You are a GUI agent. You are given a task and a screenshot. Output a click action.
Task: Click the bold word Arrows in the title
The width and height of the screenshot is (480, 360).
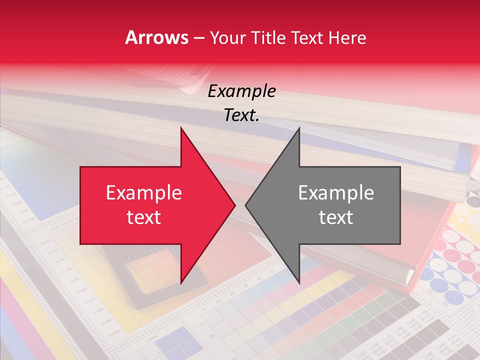click(x=156, y=37)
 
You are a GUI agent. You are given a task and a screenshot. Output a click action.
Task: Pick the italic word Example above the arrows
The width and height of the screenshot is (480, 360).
click(x=241, y=91)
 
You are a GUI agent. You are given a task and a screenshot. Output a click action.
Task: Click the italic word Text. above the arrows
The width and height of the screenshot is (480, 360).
click(x=241, y=115)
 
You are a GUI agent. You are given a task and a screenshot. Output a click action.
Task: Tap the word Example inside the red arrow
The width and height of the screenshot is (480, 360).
click(x=143, y=193)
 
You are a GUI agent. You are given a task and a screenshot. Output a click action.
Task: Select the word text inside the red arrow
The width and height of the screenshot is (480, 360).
click(x=143, y=217)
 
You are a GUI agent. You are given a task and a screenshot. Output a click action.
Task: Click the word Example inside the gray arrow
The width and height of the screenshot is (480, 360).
click(x=336, y=193)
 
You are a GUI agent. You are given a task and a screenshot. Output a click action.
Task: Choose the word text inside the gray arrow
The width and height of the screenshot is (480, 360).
click(x=336, y=217)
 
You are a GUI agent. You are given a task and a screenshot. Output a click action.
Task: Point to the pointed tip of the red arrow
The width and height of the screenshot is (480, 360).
click(x=235, y=205)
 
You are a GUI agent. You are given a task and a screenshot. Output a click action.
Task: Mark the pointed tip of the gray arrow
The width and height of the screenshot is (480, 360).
click(x=245, y=205)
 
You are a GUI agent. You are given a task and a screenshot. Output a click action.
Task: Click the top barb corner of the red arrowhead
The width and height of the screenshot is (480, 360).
click(x=181, y=127)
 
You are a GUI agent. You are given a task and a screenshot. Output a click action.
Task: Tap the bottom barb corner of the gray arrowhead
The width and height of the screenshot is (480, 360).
click(x=299, y=283)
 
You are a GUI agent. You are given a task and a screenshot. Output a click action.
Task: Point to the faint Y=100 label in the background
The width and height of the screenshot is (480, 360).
click(x=113, y=333)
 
